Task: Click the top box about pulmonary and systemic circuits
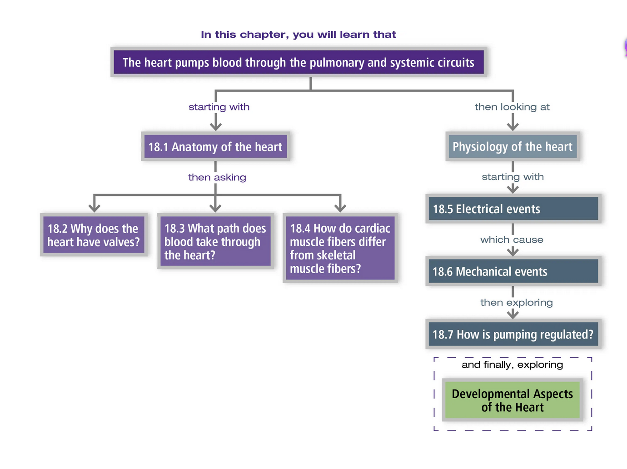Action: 299,62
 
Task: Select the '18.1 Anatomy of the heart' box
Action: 215,147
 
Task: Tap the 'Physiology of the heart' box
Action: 513,146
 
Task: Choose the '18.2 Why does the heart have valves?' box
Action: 94,235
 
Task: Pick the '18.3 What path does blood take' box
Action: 215,241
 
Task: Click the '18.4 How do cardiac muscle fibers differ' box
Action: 340,248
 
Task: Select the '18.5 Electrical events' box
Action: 513,209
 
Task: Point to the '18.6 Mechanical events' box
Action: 513,271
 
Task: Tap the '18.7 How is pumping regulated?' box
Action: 513,334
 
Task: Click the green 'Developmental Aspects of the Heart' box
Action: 513,400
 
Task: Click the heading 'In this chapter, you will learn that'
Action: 299,35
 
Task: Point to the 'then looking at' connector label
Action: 512,107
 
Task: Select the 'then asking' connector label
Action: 217,177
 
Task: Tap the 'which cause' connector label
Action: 512,239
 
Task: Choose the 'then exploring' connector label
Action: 517,302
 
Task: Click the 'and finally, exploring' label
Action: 512,364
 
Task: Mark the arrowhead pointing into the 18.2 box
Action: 94,208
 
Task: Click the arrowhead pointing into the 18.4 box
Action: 340,208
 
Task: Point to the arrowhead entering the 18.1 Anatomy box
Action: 215,126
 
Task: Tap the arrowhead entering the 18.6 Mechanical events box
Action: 513,251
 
